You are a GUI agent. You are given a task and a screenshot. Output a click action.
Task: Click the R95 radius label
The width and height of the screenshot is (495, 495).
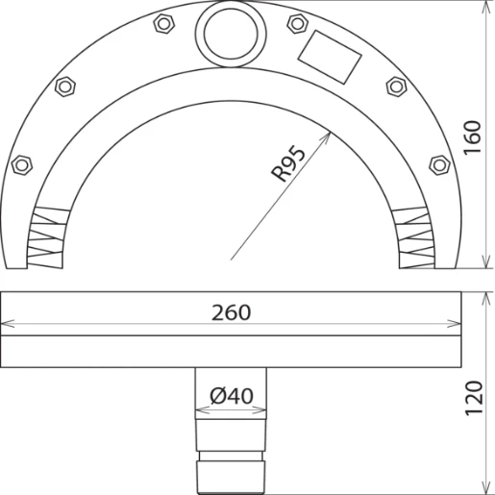[x=288, y=163]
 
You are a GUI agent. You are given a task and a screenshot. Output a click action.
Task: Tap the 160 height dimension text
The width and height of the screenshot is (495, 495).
[x=473, y=137]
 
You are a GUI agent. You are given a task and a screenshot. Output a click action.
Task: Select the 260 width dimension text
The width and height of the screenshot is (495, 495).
[x=231, y=313]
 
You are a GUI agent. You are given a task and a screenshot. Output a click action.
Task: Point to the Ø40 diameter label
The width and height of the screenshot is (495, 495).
[x=232, y=396]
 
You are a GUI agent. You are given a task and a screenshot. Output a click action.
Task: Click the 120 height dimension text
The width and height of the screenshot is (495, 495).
[x=474, y=398]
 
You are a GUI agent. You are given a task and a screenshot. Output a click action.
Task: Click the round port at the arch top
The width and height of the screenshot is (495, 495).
[x=231, y=34]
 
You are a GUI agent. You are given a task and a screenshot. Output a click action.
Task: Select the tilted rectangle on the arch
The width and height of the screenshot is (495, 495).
[x=330, y=57]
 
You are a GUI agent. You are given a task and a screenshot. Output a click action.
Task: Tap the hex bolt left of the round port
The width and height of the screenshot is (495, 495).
[x=164, y=24]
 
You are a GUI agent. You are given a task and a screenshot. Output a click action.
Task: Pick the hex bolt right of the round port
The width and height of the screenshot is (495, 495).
[x=298, y=23]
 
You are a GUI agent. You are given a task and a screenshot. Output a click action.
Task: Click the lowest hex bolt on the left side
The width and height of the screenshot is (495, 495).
[x=22, y=165]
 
